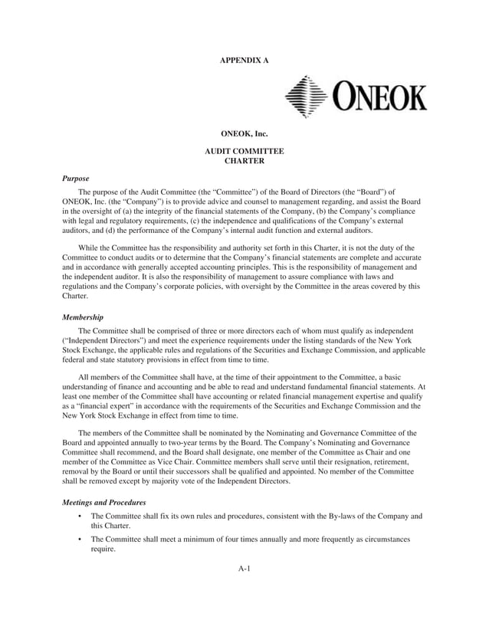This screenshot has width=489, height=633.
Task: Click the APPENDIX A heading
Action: [x=244, y=59]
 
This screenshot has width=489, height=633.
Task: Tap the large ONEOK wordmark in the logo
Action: [x=379, y=98]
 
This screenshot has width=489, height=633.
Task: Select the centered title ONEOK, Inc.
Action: [x=244, y=134]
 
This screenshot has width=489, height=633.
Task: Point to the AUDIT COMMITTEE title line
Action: [x=244, y=152]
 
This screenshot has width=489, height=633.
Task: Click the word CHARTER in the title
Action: [x=244, y=161]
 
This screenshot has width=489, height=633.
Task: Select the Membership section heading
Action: [x=83, y=316]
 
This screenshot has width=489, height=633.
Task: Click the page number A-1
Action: [x=244, y=568]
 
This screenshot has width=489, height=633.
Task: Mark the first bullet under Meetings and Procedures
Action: [x=80, y=517]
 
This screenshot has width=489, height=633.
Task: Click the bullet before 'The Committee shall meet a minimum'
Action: [x=80, y=540]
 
